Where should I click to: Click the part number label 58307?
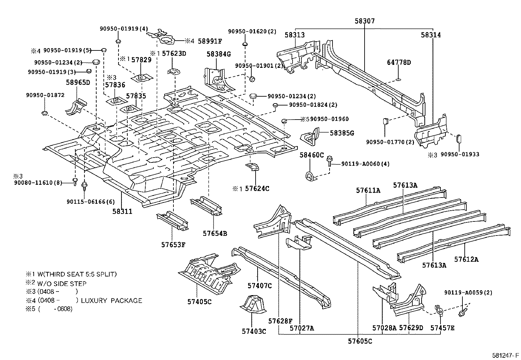[x=365, y=21]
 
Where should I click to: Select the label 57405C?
[x=199, y=302]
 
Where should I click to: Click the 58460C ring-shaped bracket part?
[x=309, y=177]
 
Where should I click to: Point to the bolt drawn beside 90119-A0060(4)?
[x=329, y=162]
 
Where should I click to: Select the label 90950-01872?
[x=45, y=95]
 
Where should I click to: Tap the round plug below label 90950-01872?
[x=45, y=113]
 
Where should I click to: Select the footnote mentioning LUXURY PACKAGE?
[x=90, y=300]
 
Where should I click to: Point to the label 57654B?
[x=215, y=234]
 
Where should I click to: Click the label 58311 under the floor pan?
[x=122, y=212]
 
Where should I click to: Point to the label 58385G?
[x=342, y=133]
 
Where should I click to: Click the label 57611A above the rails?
[x=368, y=190]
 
